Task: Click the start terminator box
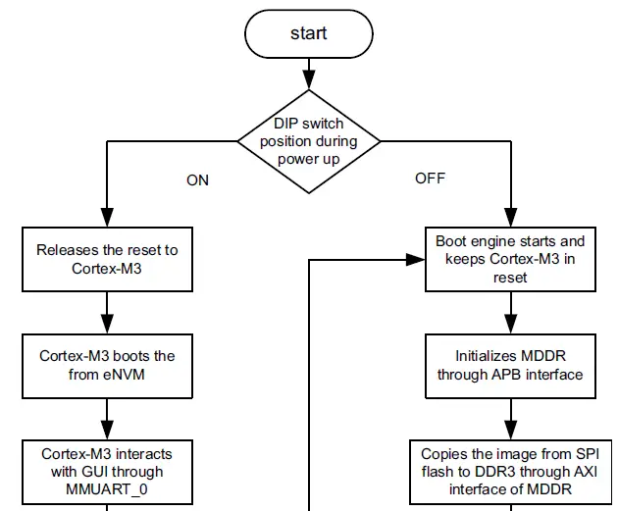pos(309,33)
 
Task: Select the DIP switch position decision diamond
pos(309,141)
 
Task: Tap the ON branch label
pos(197,179)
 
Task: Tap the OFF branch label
pos(430,178)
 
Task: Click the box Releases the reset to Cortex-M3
pos(107,259)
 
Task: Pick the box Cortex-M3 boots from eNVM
pos(107,364)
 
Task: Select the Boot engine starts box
pos(509,259)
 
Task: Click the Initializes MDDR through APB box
pos(509,364)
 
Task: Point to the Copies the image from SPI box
pos(509,470)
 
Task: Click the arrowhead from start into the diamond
pos(309,79)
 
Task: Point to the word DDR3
pos(499,471)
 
